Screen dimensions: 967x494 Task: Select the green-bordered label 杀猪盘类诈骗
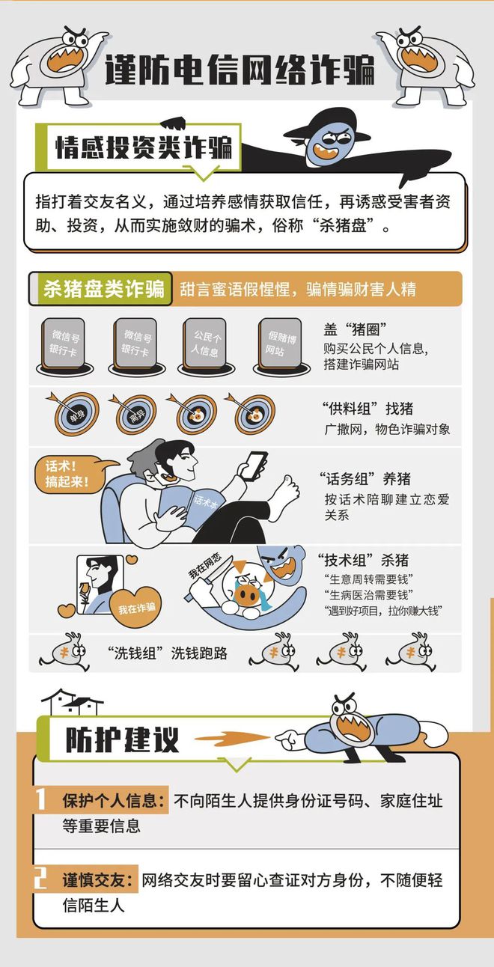(x=103, y=289)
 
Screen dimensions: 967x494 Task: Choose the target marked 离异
(x=136, y=412)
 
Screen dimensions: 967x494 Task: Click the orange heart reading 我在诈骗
(x=135, y=607)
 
